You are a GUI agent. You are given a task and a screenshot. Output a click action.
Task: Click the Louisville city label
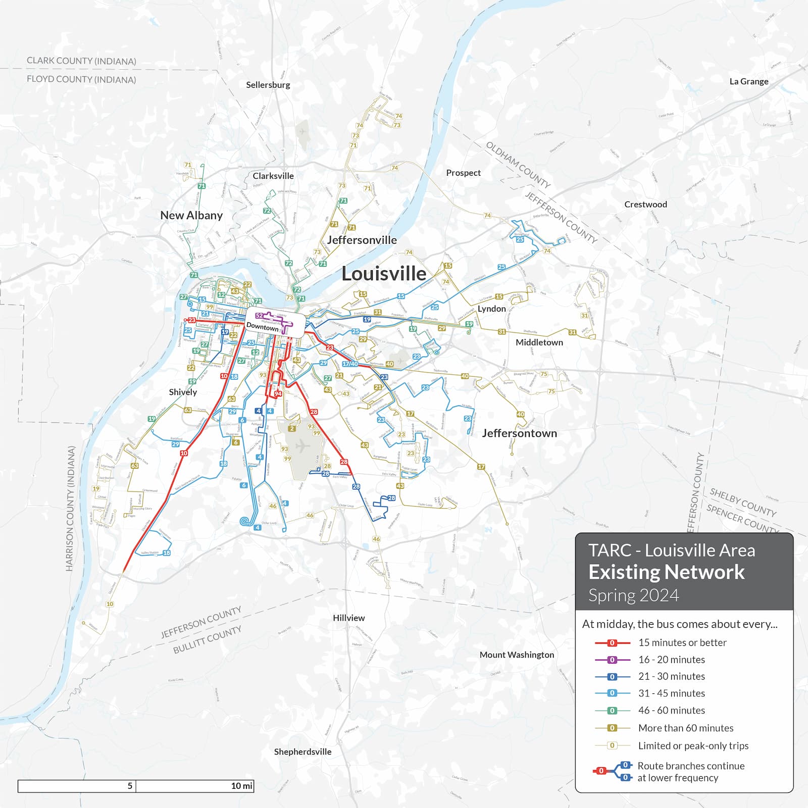(x=384, y=274)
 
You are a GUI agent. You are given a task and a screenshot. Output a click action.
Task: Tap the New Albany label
(x=191, y=215)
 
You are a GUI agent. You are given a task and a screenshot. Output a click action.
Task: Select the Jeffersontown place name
(x=519, y=433)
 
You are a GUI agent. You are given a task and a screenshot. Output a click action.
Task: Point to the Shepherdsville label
(x=302, y=751)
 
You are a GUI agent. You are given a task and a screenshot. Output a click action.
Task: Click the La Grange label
(x=749, y=81)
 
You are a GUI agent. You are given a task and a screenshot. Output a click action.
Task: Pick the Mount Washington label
(x=517, y=654)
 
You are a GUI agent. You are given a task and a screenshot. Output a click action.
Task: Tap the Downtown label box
(x=263, y=326)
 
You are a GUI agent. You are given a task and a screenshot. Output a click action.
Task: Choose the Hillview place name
(x=348, y=618)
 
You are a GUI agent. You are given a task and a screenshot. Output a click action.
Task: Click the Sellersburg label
(x=268, y=85)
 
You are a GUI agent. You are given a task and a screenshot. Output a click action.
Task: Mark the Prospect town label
(x=463, y=173)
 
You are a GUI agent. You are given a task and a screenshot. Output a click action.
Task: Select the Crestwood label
(x=645, y=205)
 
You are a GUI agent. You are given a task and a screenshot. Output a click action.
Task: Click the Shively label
(x=183, y=392)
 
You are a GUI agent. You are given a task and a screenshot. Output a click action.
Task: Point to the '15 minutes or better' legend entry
(x=682, y=642)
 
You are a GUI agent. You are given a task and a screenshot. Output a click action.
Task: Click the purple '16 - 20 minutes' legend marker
(x=612, y=660)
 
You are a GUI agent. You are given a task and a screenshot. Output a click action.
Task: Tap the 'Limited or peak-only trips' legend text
(x=693, y=745)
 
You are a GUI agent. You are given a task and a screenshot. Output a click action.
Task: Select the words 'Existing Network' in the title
(x=666, y=572)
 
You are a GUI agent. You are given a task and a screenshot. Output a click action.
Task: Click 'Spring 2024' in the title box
(x=633, y=595)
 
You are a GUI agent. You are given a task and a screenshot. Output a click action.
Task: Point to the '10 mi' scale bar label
(x=241, y=786)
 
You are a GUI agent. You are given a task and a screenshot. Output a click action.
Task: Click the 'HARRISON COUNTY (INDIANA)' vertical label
(x=71, y=508)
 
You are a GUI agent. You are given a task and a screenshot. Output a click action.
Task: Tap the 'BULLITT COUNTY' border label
(x=207, y=640)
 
